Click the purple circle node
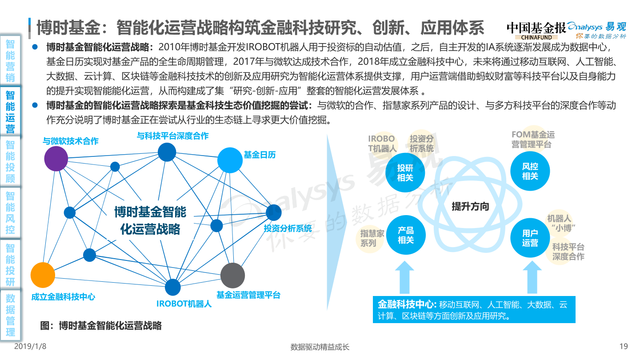[x=56, y=159]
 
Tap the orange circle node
[x=43, y=275]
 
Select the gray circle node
[x=232, y=276]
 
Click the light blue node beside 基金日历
[x=230, y=160]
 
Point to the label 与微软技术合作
[x=71, y=141]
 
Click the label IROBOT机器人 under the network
[x=184, y=304]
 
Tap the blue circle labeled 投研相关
[x=405, y=172]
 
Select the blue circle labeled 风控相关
[x=530, y=171]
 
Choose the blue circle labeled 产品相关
[x=406, y=235]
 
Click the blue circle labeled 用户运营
[x=530, y=238]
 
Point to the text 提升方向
[x=470, y=206]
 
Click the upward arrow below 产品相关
[x=404, y=277]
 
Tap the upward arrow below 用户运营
[x=532, y=277]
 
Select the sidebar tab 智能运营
[x=10, y=112]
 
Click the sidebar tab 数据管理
[x=10, y=315]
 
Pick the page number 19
[x=624, y=347]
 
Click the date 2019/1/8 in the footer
[x=30, y=347]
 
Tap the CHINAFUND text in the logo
[x=536, y=37]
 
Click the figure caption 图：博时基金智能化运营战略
[x=101, y=325]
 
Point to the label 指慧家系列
[x=372, y=238]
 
